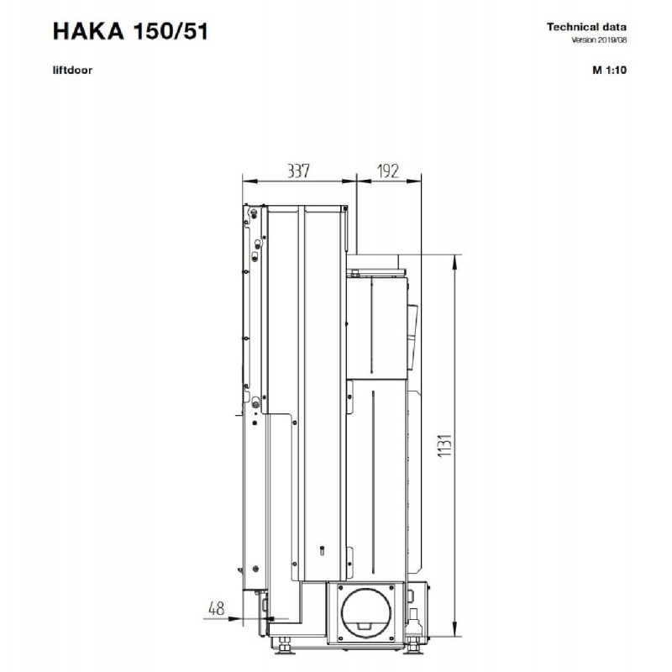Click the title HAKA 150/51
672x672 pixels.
130,31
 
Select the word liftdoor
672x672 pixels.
72,70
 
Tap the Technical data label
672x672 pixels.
586,27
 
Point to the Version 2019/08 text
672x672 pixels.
599,39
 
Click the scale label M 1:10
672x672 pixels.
609,70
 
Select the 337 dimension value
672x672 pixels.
298,171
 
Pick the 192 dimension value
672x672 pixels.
388,171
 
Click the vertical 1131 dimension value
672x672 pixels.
445,446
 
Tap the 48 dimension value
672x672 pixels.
217,607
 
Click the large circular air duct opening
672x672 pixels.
365,611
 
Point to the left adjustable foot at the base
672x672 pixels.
283,644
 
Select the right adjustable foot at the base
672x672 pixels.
413,644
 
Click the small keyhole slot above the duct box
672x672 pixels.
323,550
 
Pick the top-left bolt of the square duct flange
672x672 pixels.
341,587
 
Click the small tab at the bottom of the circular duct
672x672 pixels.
365,626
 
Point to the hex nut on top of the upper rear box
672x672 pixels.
354,272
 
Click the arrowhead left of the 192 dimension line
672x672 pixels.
364,181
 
